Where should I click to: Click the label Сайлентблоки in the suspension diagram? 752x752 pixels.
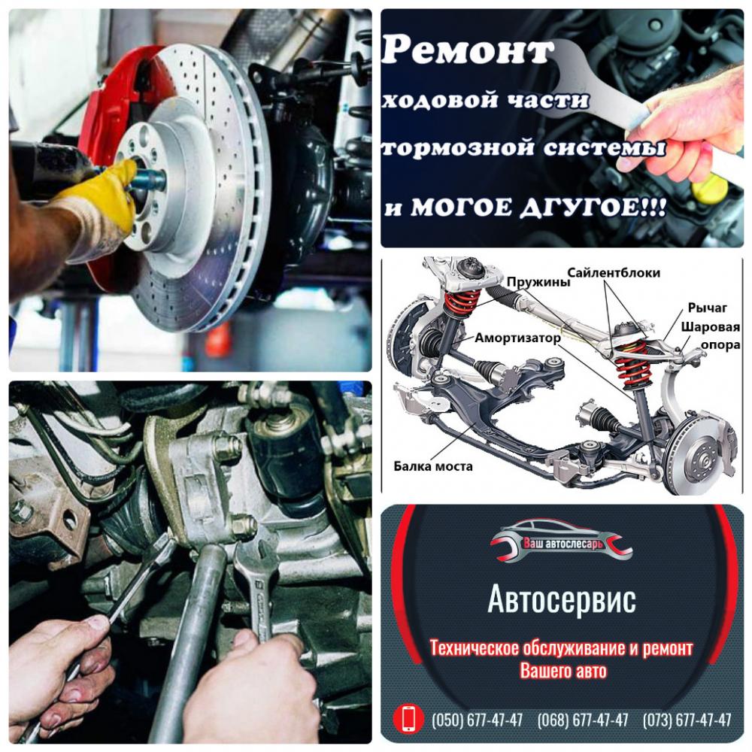pyautogui.click(x=614, y=273)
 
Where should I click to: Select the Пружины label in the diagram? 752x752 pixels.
pyautogui.click(x=538, y=282)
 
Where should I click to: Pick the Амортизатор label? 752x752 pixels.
pyautogui.click(x=517, y=338)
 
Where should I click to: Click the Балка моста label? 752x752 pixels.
pyautogui.click(x=433, y=466)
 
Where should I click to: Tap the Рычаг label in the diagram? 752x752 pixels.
pyautogui.click(x=708, y=308)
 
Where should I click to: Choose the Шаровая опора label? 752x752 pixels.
pyautogui.click(x=711, y=335)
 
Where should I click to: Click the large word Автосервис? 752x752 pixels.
pyautogui.click(x=562, y=599)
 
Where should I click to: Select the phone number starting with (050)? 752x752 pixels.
pyautogui.click(x=478, y=720)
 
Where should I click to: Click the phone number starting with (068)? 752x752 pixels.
pyautogui.click(x=583, y=720)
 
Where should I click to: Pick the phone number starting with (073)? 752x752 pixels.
pyautogui.click(x=687, y=720)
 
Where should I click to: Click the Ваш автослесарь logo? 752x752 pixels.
pyautogui.click(x=561, y=541)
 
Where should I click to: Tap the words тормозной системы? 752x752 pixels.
pyautogui.click(x=523, y=147)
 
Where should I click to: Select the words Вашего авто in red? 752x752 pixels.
pyautogui.click(x=563, y=671)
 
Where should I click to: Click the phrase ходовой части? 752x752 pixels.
pyautogui.click(x=485, y=100)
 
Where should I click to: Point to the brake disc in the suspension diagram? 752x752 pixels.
pyautogui.click(x=701, y=456)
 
